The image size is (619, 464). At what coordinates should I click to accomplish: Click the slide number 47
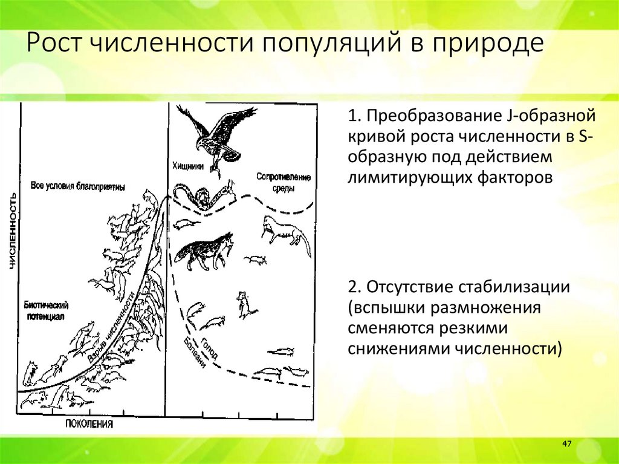click(x=566, y=445)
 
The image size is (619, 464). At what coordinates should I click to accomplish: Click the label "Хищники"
click(x=188, y=165)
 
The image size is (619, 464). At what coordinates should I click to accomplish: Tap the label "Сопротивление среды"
click(x=283, y=182)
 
